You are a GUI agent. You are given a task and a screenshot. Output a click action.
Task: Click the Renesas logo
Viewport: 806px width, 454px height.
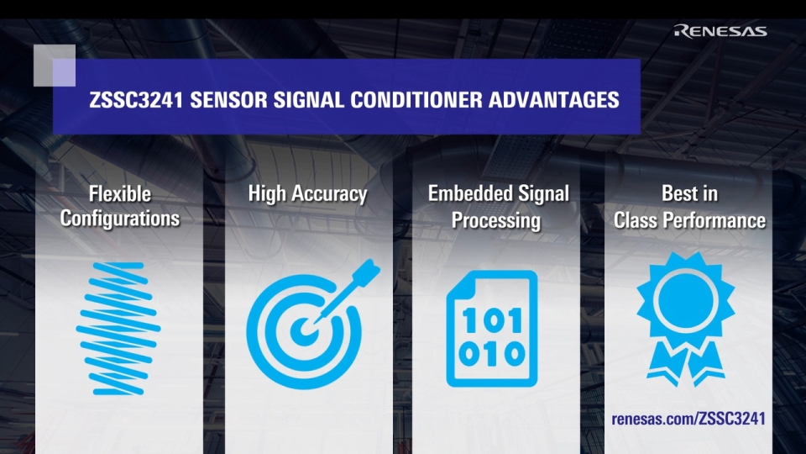[x=720, y=32]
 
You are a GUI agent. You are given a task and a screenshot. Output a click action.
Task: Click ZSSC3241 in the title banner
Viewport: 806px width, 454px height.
[x=135, y=100]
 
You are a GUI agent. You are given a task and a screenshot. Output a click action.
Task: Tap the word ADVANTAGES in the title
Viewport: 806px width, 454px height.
[x=553, y=100]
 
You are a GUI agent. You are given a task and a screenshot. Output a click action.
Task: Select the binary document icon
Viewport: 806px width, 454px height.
[x=491, y=328]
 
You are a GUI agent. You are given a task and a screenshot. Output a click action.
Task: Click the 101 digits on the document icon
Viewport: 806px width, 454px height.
[x=491, y=319]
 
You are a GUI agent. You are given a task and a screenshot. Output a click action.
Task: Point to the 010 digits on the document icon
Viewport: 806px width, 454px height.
[x=491, y=354]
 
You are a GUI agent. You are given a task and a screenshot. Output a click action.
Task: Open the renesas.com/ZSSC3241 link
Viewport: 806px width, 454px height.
[x=688, y=419]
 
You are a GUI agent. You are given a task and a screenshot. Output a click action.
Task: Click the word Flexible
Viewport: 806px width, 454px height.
[x=120, y=194]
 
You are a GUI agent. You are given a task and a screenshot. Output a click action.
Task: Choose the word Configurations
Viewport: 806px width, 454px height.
[x=120, y=219]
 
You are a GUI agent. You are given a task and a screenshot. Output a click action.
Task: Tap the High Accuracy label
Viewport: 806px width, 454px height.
[x=307, y=194]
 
